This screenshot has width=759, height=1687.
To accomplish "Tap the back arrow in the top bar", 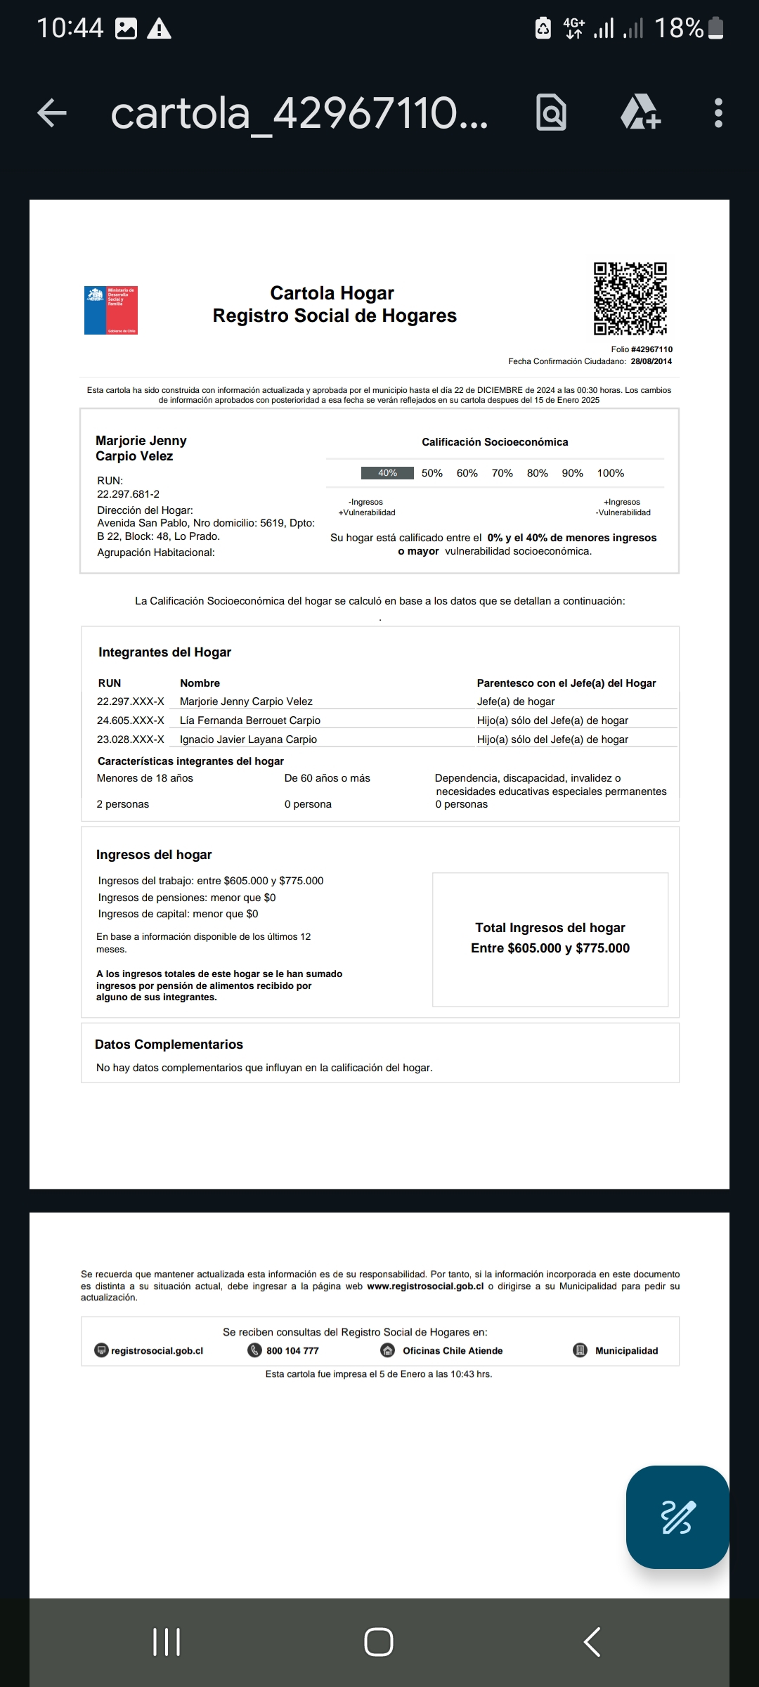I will (x=52, y=113).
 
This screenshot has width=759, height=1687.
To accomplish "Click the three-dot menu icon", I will (x=718, y=113).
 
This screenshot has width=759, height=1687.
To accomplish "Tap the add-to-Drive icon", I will (x=640, y=113).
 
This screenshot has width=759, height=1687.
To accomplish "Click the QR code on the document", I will (x=630, y=299).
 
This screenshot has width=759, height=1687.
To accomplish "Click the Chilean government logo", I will (x=111, y=310).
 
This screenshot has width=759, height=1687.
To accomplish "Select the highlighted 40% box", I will (x=387, y=473).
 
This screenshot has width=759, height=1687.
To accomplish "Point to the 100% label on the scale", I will (x=610, y=473).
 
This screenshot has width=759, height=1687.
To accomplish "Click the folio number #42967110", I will (x=651, y=349).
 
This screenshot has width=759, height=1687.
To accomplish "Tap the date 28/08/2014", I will (x=651, y=361).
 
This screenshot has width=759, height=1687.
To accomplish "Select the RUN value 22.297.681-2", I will (x=128, y=494).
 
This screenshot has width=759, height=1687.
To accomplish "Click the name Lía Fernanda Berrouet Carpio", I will (x=249, y=720).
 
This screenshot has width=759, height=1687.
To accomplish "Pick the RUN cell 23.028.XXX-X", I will (x=130, y=739).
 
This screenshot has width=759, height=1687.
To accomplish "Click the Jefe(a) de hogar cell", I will (x=515, y=702).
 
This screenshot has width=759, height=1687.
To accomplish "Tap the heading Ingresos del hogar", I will (x=154, y=855).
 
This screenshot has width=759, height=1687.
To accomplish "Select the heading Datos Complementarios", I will (x=169, y=1045).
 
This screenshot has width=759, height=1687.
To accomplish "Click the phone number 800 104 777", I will (x=292, y=1351).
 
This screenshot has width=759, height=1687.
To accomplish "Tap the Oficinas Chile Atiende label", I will (x=453, y=1351).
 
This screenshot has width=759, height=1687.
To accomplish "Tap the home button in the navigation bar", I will (x=379, y=1642).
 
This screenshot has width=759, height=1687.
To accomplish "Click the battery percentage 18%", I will (x=678, y=28).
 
